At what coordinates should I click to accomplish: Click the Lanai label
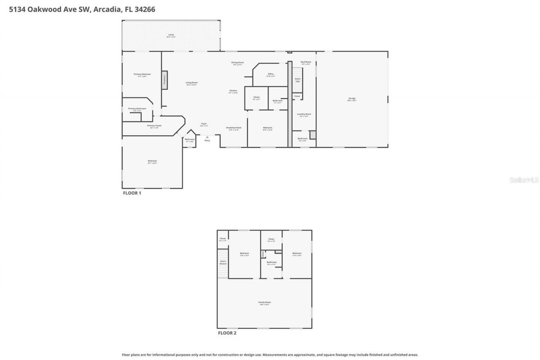(171, 35)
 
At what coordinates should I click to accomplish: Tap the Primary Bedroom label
(142, 74)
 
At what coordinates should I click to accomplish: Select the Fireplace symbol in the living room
(164, 80)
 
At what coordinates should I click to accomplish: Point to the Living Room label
(192, 83)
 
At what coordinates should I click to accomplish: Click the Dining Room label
(237, 62)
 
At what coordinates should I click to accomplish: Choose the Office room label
(270, 74)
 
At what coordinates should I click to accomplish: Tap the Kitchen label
(233, 91)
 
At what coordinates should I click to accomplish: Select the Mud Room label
(305, 62)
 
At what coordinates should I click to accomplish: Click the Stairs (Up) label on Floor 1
(297, 79)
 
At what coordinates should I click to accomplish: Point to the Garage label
(351, 98)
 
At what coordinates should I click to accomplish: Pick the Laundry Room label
(304, 114)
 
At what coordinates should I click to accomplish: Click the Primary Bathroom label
(137, 108)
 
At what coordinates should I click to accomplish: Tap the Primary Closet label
(154, 125)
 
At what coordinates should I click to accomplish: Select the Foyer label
(203, 124)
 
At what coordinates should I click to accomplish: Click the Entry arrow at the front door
(207, 137)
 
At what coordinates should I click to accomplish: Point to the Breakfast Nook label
(233, 127)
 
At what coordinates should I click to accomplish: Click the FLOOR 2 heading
(227, 333)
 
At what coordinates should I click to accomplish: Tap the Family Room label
(265, 302)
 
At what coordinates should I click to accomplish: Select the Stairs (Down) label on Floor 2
(223, 262)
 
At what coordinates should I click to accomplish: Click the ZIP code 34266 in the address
(145, 9)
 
